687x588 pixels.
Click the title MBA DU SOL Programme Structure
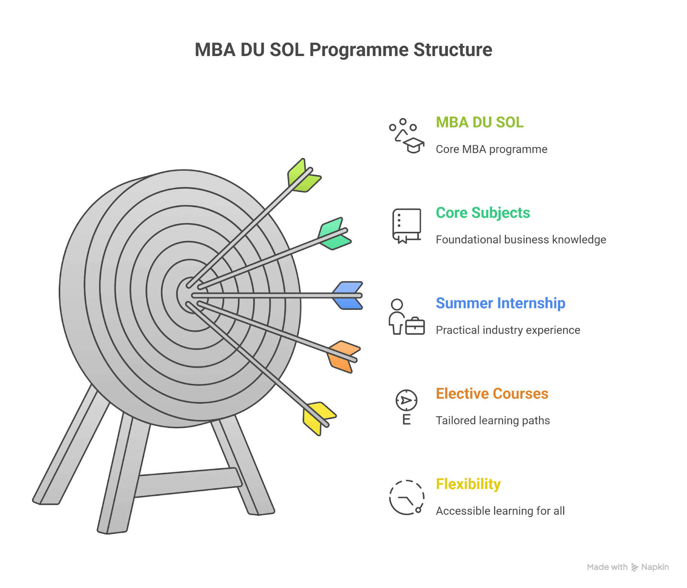343,50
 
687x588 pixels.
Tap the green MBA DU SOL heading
480,122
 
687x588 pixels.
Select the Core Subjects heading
483,213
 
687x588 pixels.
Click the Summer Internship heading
500,303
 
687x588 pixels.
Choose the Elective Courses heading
492,393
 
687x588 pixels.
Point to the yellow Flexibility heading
468,484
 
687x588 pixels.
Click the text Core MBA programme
491,149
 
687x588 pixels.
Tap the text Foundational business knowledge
520,240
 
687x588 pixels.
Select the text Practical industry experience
508,330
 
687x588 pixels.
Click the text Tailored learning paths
492,420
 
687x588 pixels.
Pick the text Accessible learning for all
500,511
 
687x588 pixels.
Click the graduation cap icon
413,145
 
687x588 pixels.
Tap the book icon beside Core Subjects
406,225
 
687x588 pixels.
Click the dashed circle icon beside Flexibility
406,497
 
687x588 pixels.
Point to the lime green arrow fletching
302,176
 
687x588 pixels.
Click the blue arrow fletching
348,296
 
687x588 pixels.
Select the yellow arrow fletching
318,417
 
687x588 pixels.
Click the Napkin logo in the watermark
635,567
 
